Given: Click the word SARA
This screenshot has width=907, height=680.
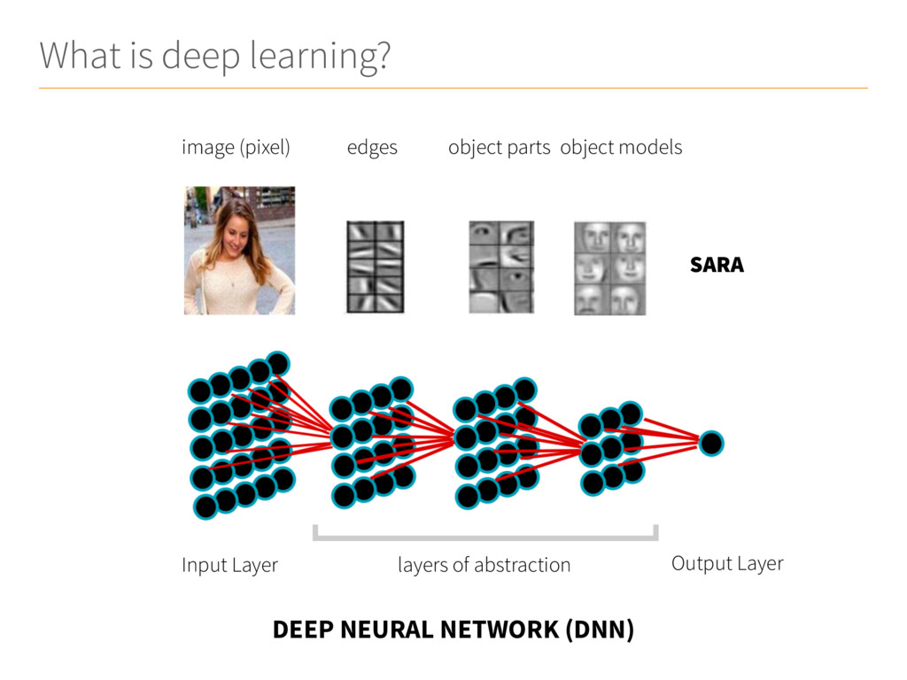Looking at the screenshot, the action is coord(717,265).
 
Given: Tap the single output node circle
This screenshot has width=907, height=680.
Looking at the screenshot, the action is coord(711,444).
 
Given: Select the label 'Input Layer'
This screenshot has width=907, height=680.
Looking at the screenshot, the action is coord(229,565).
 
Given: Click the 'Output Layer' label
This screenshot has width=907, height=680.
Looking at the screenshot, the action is coord(727,563).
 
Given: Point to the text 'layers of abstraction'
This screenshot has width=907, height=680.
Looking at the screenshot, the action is coord(485,565).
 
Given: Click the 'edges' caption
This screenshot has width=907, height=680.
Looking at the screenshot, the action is coord(372,148).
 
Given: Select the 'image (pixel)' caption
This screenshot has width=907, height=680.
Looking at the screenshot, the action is coord(236,148).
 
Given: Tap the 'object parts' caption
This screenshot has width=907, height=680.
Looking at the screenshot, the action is coord(500,148).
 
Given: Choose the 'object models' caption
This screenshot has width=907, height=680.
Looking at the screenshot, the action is coord(621,148).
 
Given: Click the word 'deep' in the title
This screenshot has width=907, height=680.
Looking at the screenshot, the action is coord(200,57).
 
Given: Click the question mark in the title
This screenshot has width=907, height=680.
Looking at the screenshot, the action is coord(382,56).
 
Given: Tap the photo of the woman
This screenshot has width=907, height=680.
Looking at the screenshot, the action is coord(239,251).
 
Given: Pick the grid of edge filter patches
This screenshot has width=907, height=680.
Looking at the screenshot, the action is coord(376,267).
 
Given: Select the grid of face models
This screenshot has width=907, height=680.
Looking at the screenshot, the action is coord(609,268).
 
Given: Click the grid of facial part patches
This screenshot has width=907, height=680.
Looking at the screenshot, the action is coord(501,267).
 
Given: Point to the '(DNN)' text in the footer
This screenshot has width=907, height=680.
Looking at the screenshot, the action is coord(600,630).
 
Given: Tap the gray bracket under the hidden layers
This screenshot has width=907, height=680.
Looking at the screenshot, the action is coord(485,537).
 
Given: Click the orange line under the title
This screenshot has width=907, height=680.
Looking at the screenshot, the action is coord(453,88).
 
